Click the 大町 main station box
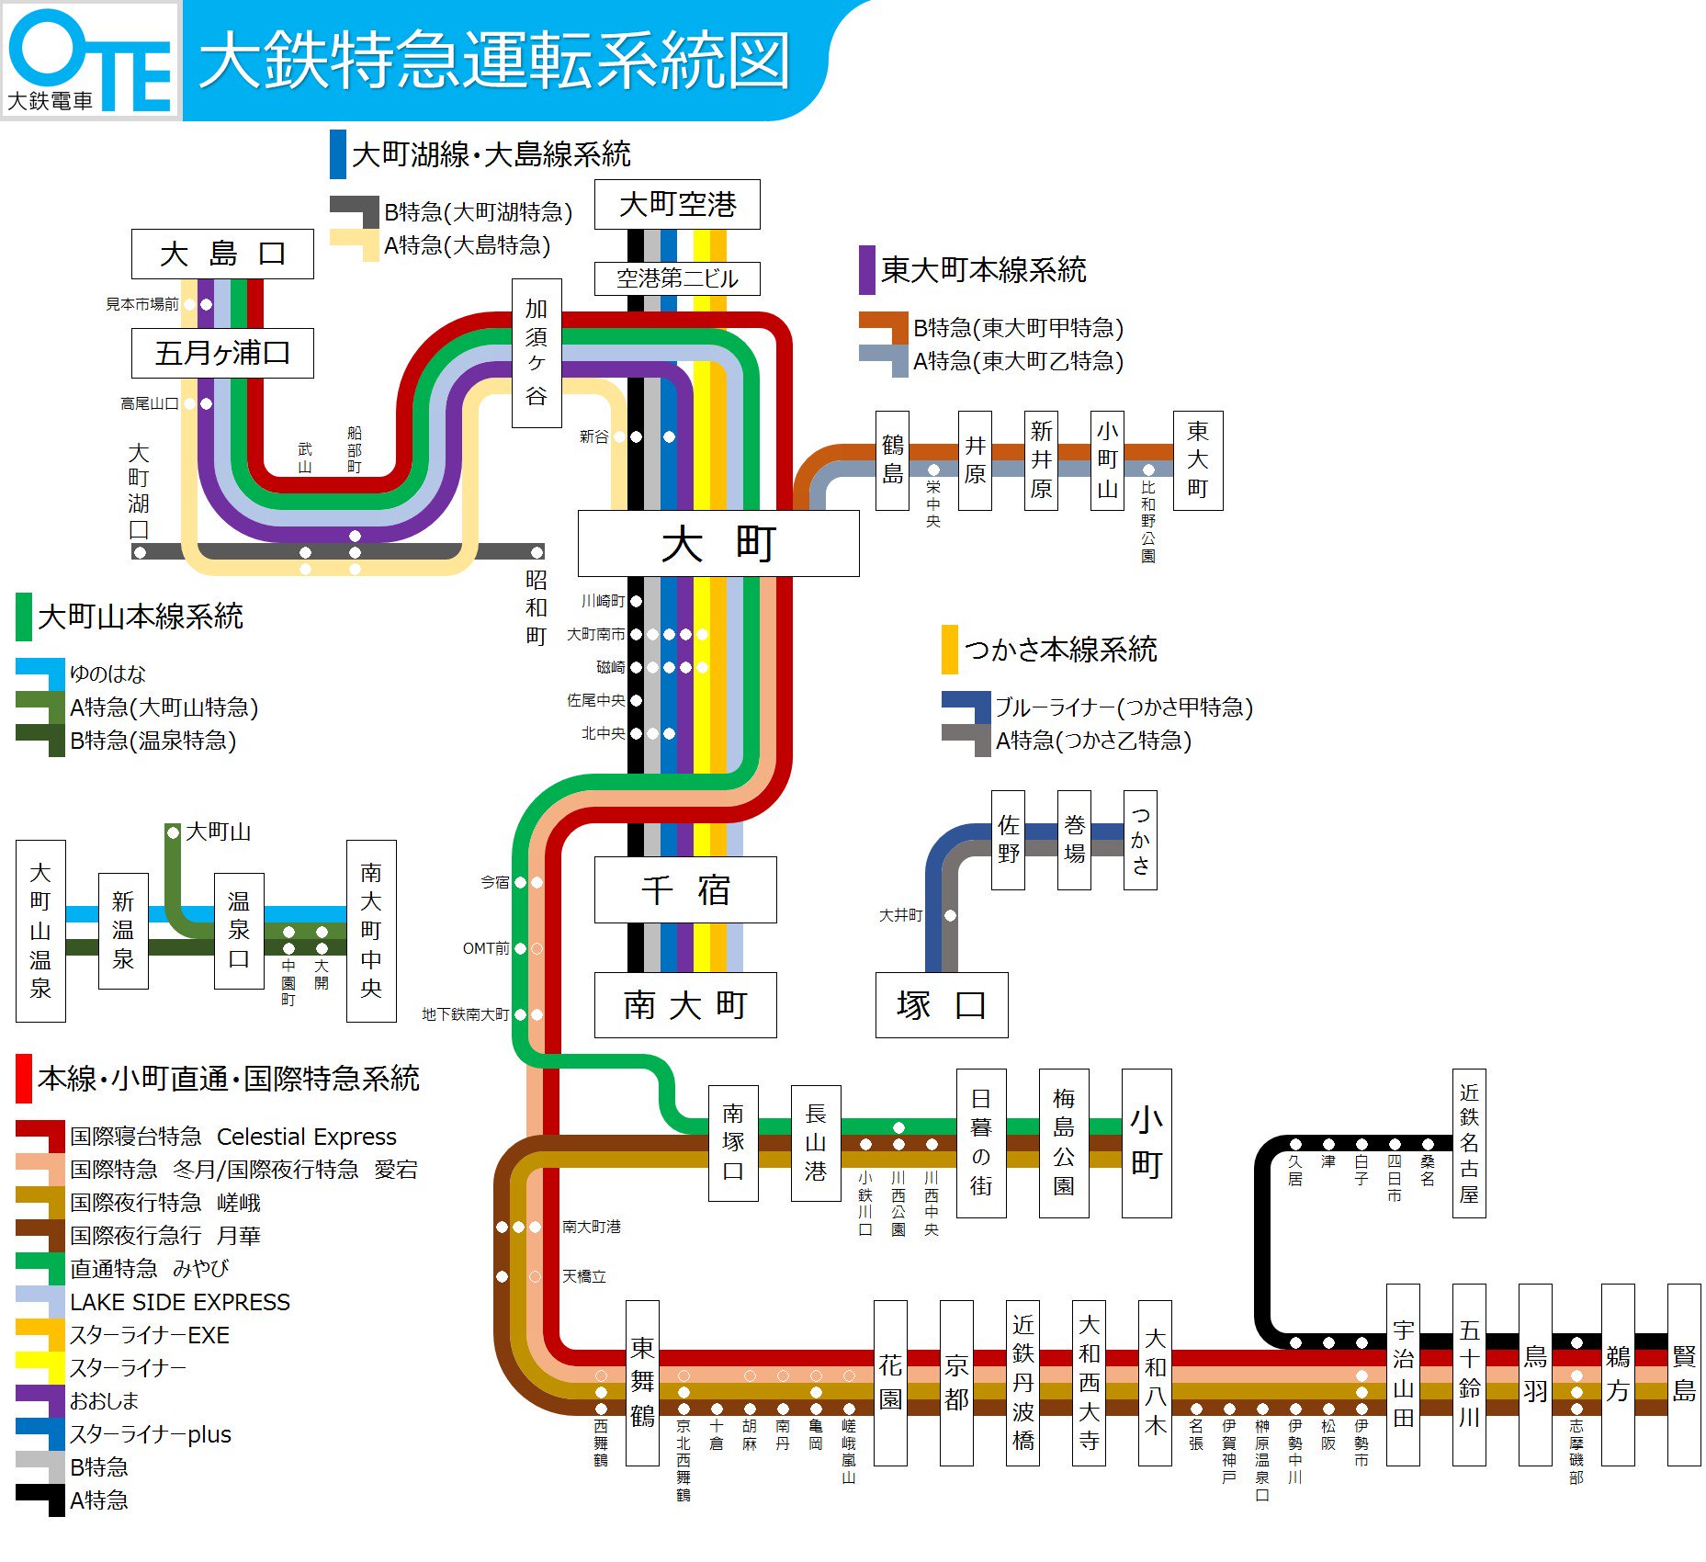(x=717, y=543)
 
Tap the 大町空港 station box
(x=677, y=204)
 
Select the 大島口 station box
(x=222, y=254)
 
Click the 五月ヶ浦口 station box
(x=222, y=353)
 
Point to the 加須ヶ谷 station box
(x=537, y=353)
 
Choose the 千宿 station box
(x=685, y=889)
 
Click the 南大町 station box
(x=685, y=1004)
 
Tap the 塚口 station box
(x=941, y=1004)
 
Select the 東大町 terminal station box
(x=1197, y=460)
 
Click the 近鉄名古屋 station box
(x=1468, y=1142)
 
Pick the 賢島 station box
(x=1683, y=1374)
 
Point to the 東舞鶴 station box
(x=642, y=1382)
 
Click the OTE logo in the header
(x=90, y=61)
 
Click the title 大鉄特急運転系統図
(x=494, y=61)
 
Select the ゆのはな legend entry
(x=107, y=673)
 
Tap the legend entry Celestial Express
(x=306, y=1137)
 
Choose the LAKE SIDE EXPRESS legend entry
(x=179, y=1302)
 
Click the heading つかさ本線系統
(x=1059, y=650)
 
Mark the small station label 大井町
(x=900, y=915)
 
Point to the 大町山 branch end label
(x=217, y=832)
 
